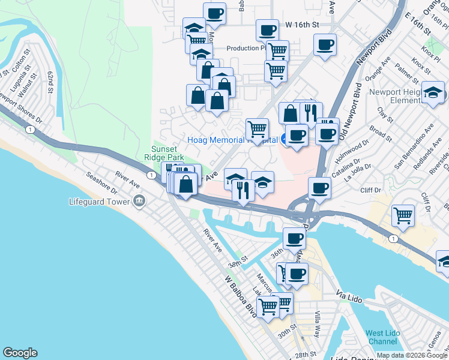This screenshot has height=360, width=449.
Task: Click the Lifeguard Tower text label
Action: pos(100,202)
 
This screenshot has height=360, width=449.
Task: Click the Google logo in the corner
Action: pos(20,353)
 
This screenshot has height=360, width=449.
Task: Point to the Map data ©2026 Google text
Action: pos(412,355)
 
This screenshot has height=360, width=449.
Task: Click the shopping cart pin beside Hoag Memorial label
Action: pos(258,130)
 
